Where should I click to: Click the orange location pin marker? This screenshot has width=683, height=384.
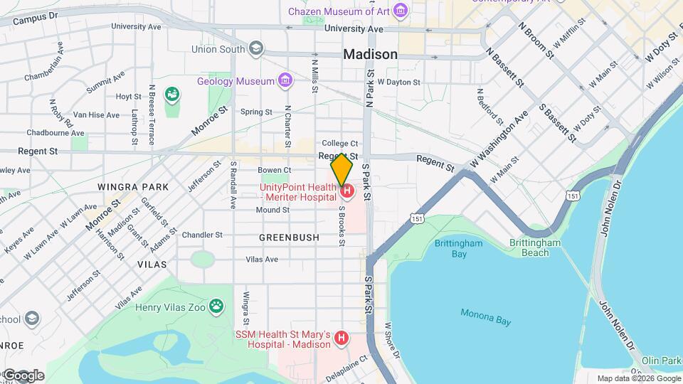coord(341,169)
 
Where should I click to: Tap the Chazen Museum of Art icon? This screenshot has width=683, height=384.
coord(401,11)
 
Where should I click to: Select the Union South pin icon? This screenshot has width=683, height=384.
coord(256,49)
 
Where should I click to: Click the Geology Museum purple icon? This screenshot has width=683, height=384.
coord(285,80)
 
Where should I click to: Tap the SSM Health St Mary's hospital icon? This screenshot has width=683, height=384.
coord(341,338)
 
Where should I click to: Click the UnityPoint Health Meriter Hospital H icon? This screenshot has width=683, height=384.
coord(346,191)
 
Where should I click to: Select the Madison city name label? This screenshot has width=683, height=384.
coord(370,55)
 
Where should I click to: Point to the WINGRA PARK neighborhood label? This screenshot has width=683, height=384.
coord(133,187)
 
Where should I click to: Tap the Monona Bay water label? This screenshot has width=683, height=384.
coord(485,317)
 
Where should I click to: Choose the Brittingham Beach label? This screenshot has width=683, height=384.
coord(535,247)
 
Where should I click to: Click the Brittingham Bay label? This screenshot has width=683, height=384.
coord(459,248)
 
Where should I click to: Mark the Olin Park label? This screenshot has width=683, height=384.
coord(661,361)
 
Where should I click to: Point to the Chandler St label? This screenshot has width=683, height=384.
coord(202,235)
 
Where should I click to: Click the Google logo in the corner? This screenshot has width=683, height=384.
coord(23,375)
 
